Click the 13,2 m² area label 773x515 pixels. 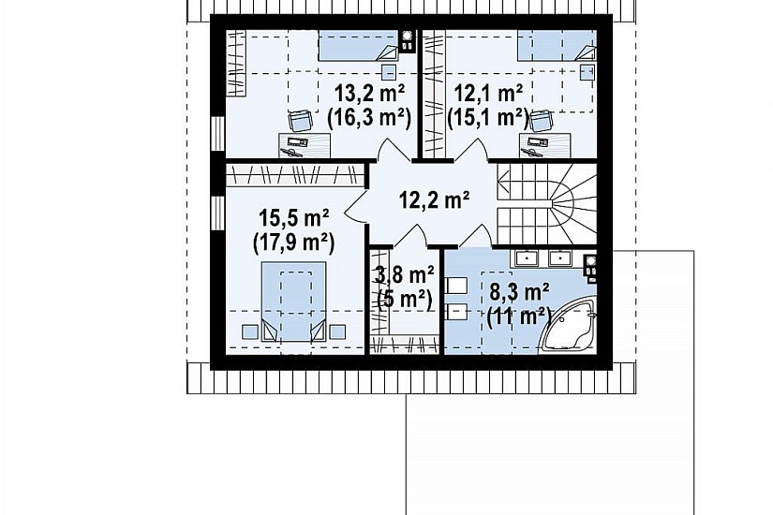[370, 92]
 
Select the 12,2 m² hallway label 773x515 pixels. [434, 199]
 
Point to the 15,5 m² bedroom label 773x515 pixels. [294, 217]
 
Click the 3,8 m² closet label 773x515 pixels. [404, 275]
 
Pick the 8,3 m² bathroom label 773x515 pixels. [520, 292]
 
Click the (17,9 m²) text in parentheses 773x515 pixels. [294, 242]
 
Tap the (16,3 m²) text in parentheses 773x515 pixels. [369, 118]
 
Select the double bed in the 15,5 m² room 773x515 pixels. [294, 302]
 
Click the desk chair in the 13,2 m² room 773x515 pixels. [300, 121]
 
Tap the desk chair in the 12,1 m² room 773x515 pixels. [541, 121]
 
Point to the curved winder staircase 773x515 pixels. [546, 203]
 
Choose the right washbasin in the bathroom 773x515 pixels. [560, 257]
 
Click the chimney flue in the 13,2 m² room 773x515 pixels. [407, 41]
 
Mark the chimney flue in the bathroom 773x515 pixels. [589, 269]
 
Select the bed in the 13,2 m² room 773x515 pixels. [358, 46]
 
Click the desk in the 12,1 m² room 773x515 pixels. [545, 145]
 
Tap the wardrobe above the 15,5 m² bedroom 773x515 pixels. [295, 175]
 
